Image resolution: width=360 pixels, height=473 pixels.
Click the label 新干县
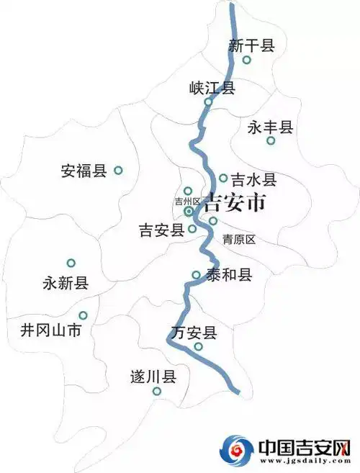251,46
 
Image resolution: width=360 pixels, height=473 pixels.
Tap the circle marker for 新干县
246,60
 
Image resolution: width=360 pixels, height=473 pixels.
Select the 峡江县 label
212,88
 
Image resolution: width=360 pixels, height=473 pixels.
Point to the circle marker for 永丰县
271,140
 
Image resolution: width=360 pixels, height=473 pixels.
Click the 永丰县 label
270,127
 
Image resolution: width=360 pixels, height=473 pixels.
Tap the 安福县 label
84,171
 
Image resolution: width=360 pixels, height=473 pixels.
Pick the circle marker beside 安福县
119,171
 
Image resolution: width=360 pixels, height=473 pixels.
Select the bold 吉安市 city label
235,203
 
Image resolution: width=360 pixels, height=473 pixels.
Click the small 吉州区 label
188,202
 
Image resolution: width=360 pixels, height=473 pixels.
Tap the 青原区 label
239,239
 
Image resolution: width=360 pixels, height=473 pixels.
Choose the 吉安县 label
161,230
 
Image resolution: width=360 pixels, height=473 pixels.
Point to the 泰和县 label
228,274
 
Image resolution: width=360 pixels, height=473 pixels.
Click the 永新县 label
66,283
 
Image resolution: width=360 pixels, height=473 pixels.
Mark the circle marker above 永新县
71,263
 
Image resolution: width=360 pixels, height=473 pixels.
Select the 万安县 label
194,333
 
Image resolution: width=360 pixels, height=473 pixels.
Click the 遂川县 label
153,377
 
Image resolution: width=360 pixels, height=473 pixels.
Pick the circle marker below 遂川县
156,392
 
